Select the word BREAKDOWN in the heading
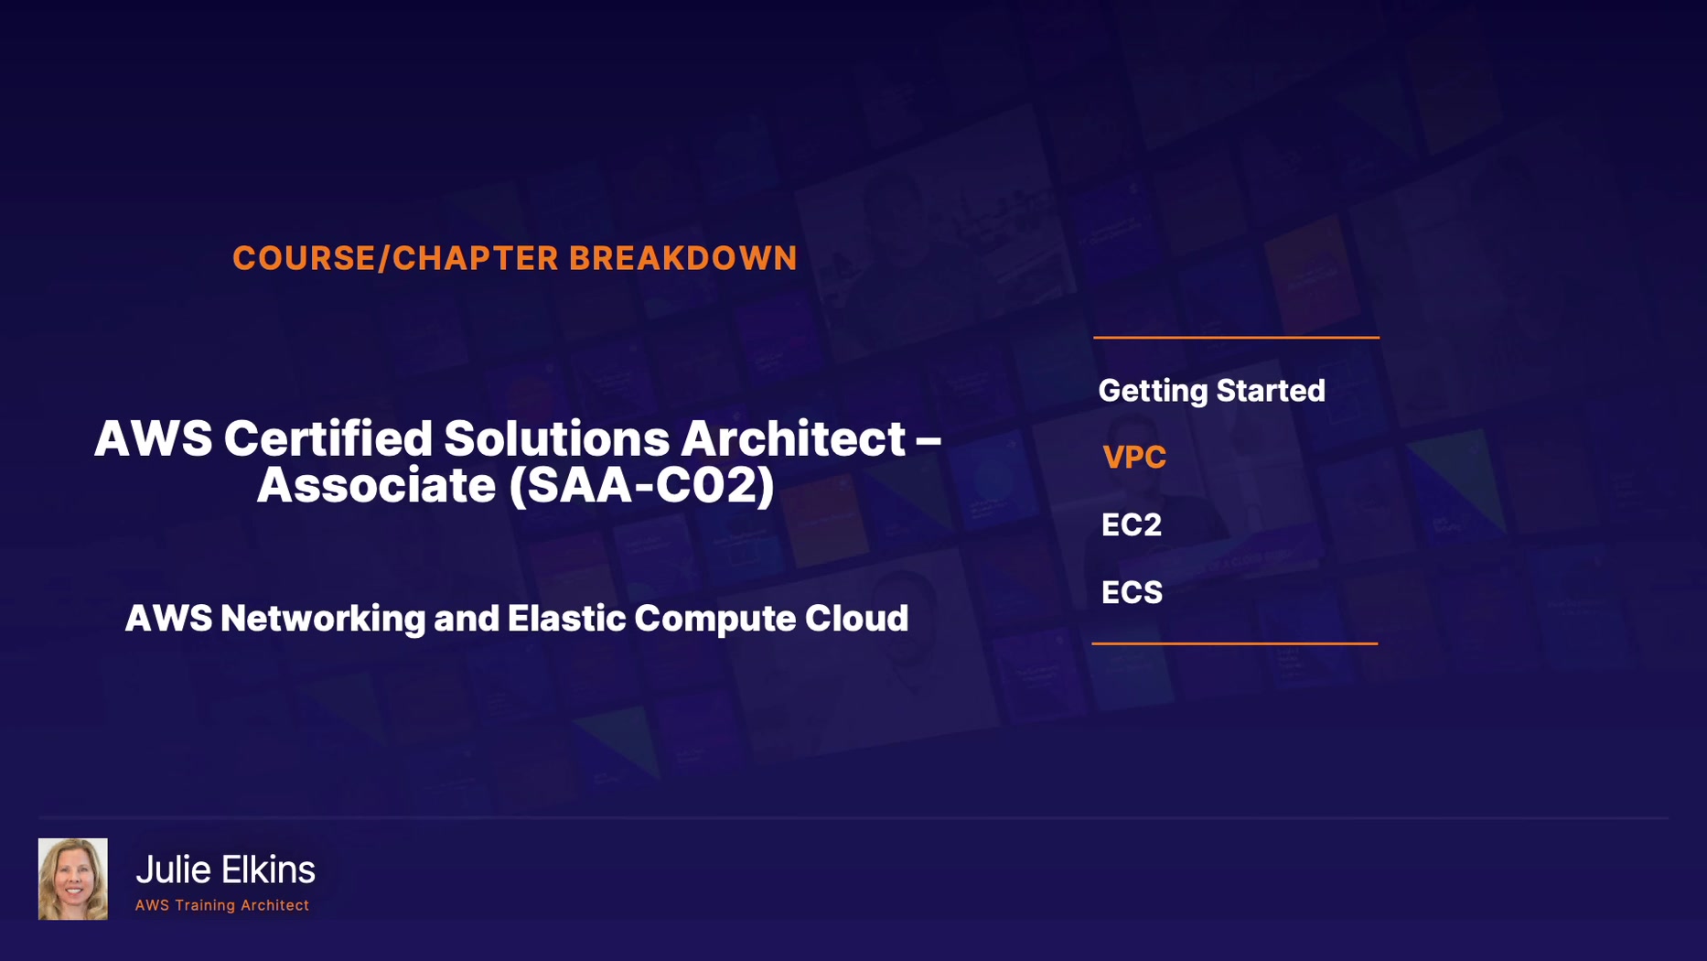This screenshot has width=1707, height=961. pyautogui.click(x=683, y=259)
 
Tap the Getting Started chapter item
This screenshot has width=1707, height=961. pyautogui.click(x=1211, y=391)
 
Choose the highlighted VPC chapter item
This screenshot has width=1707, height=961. pyautogui.click(x=1134, y=458)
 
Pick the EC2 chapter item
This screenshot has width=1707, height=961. pyautogui.click(x=1132, y=525)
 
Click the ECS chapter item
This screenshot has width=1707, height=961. pyautogui.click(x=1132, y=593)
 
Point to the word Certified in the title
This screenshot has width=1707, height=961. pyautogui.click(x=328, y=438)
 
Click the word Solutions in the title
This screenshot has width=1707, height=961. pyautogui.click(x=557, y=438)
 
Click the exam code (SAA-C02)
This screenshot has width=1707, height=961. pyautogui.click(x=642, y=486)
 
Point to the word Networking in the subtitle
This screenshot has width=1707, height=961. pyautogui.click(x=323, y=619)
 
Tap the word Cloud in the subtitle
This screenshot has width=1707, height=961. pyautogui.click(x=856, y=619)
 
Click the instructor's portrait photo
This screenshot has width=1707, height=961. pyautogui.click(x=73, y=879)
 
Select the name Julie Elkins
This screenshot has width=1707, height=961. pyautogui.click(x=225, y=869)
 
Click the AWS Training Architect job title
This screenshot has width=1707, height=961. pyautogui.click(x=222, y=905)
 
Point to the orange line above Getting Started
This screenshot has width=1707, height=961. pyautogui.click(x=1236, y=338)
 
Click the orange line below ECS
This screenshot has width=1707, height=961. pyautogui.click(x=1235, y=643)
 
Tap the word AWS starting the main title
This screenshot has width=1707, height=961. pyautogui.click(x=153, y=438)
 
